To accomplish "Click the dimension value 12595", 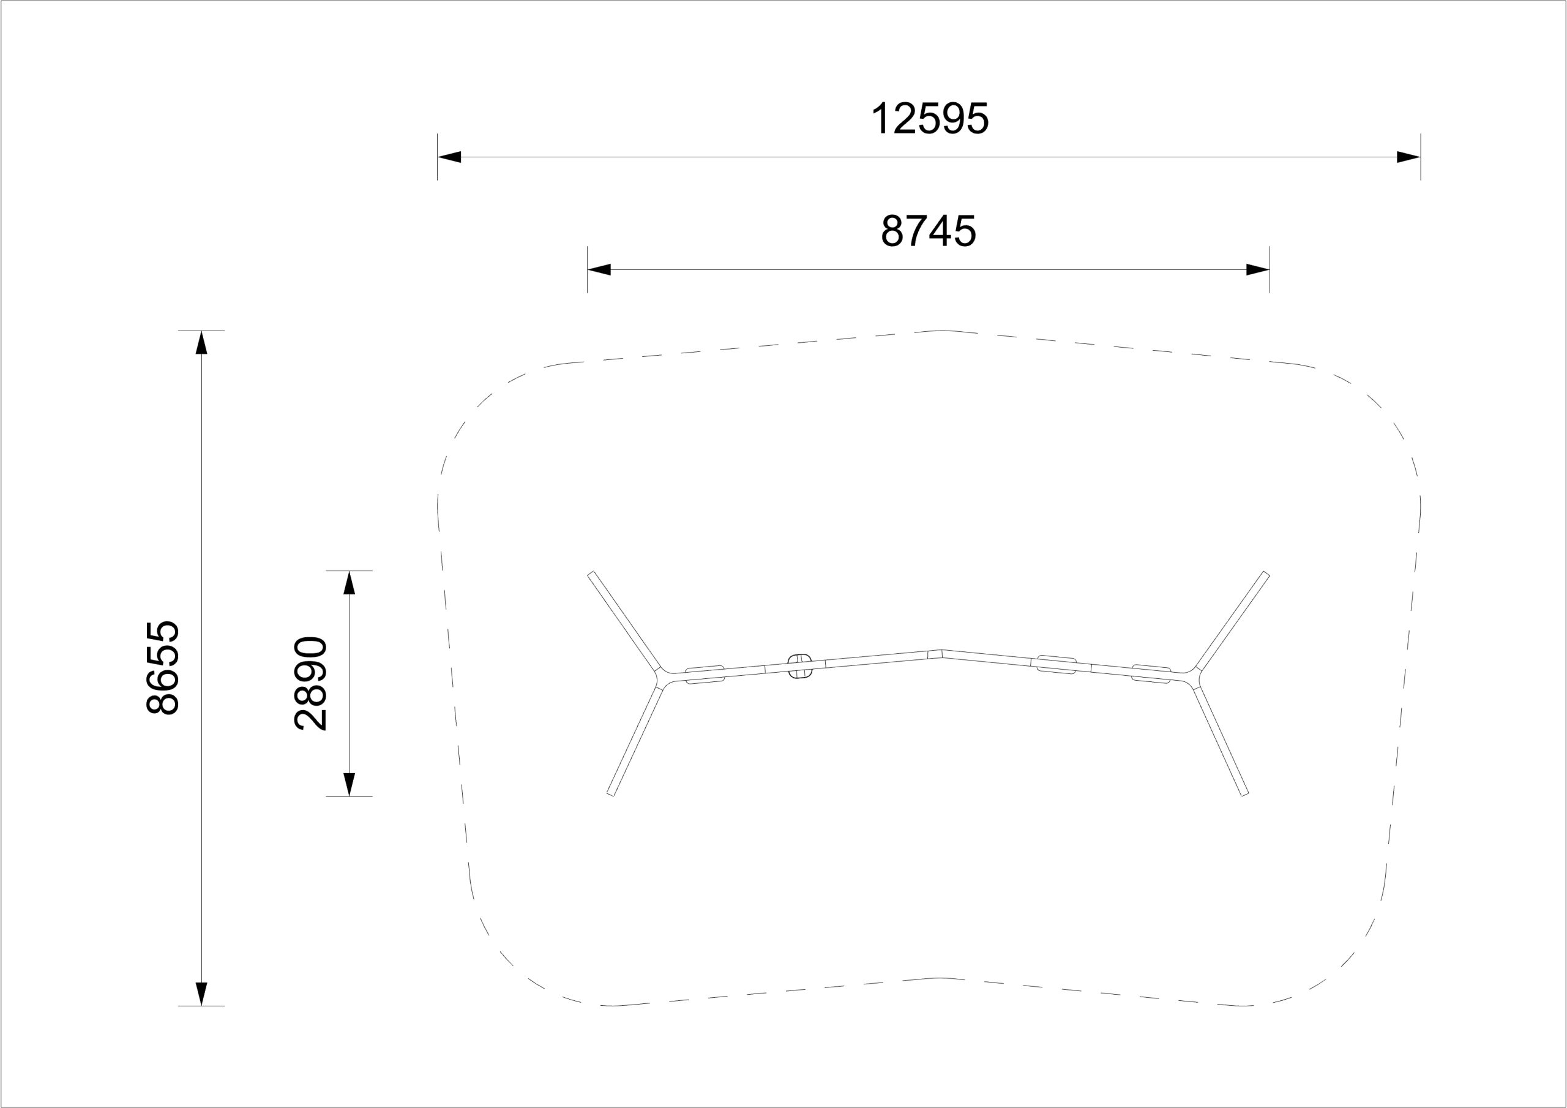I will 930,119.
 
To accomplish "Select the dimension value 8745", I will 928,231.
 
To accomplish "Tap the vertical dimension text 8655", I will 163,668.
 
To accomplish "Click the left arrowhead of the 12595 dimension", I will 450,157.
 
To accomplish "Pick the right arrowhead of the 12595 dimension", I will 1408,157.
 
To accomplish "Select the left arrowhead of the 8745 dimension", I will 599,270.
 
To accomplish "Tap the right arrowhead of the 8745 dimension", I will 1258,270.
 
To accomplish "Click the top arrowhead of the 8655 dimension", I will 201,343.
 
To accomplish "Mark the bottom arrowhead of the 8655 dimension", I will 201,994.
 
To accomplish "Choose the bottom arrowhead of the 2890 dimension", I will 350,784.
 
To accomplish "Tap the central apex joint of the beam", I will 941,653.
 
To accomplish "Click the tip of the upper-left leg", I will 592,575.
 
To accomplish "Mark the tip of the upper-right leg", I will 1266,575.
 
